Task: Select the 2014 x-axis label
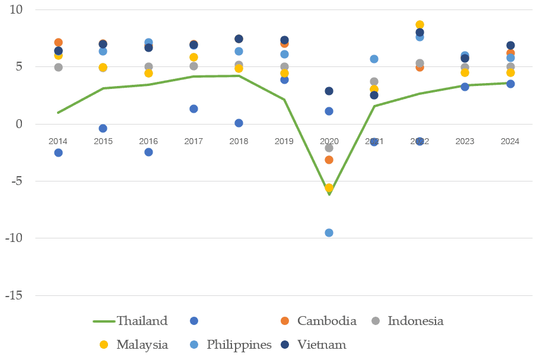coord(58,141)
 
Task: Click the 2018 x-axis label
coord(239,141)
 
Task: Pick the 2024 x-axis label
coord(510,141)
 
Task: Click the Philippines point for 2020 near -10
coord(329,232)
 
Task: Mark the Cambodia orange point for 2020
coord(329,160)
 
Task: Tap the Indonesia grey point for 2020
coord(329,148)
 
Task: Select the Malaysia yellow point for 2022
coord(420,25)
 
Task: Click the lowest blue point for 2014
coord(58,152)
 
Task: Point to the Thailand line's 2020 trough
coord(329,194)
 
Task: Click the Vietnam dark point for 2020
coord(329,91)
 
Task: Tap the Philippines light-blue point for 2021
coord(374,59)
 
